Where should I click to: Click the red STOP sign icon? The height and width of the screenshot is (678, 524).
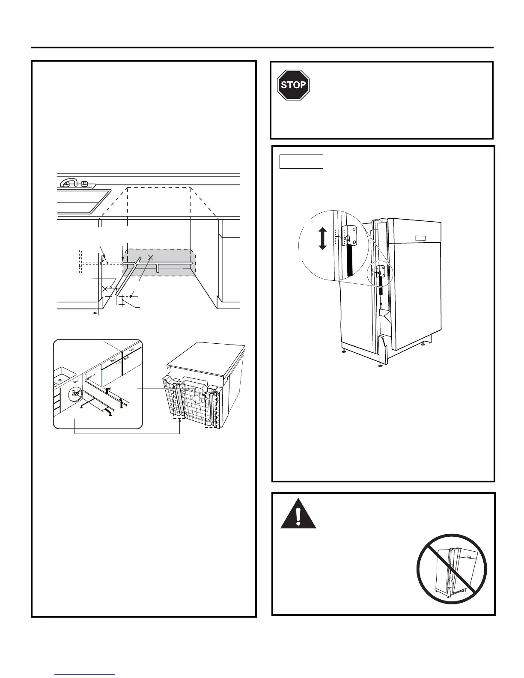pos(293,85)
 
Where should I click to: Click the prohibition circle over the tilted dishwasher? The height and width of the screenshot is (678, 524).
pos(452,569)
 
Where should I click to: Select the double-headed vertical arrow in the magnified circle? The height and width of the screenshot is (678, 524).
pos(323,239)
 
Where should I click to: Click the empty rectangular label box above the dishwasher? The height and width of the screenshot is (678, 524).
pos(301,162)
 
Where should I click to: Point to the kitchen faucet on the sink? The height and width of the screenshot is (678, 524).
pos(73,184)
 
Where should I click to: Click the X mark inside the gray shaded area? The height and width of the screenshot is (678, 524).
pos(150,257)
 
